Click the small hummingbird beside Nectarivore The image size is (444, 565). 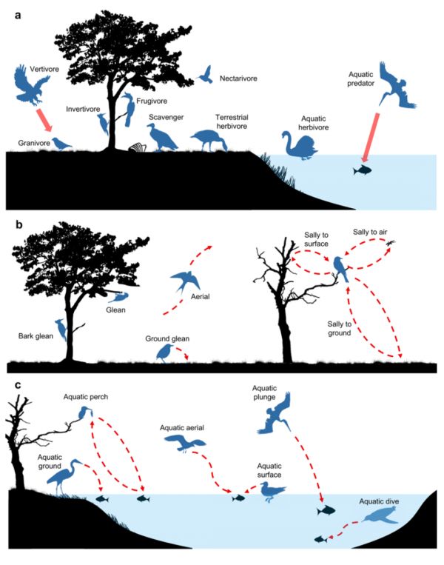[206, 73]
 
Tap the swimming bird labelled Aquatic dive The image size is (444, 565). [381, 515]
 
